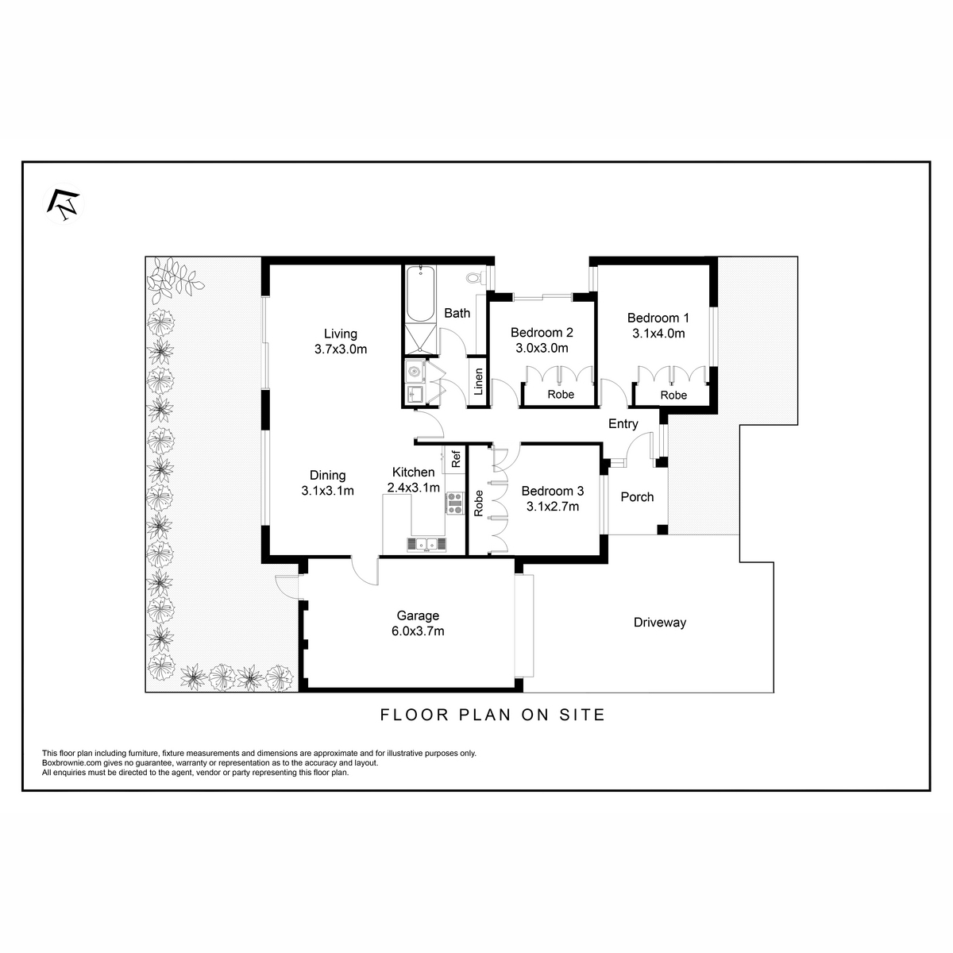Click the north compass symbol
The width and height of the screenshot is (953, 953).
(64, 204)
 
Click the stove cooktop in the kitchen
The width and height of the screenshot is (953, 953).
(455, 503)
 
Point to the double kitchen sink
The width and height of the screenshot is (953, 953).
(426, 545)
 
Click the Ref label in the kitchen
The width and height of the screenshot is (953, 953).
(456, 458)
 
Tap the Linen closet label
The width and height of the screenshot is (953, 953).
(478, 381)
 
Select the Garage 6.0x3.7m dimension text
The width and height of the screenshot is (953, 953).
(418, 631)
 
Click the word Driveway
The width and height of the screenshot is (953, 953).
(660, 623)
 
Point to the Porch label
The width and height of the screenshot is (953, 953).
(637, 497)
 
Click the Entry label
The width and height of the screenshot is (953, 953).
(623, 424)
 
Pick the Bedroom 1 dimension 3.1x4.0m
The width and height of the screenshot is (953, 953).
(658, 334)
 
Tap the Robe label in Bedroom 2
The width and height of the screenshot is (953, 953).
(561, 395)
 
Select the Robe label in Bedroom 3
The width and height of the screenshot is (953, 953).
(478, 504)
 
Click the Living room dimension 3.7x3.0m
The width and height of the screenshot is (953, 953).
(341, 349)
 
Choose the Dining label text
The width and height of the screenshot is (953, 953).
(327, 475)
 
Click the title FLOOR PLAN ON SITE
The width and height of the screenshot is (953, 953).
(492, 715)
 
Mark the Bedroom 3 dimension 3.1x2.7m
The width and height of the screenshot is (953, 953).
(553, 507)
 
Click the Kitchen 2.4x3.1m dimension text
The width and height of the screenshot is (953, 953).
(414, 488)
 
